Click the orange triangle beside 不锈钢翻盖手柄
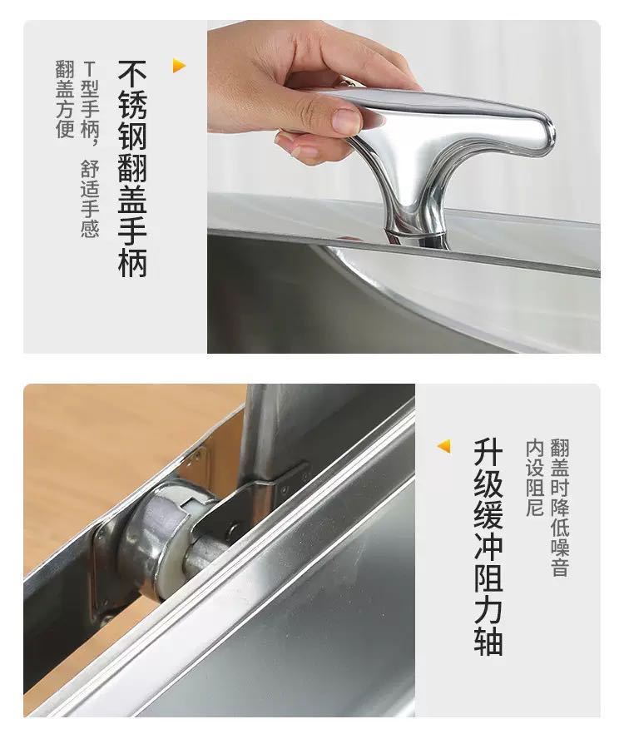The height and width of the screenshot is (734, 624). click(x=179, y=66)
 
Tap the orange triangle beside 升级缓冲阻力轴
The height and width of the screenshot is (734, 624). click(x=444, y=446)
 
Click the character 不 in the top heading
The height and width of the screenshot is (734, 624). click(x=132, y=74)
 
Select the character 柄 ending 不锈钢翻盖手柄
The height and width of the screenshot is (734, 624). click(x=132, y=263)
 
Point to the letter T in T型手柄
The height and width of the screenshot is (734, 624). click(x=89, y=70)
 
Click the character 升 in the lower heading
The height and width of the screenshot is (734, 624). click(x=488, y=452)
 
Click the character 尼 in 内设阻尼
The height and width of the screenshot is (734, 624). click(x=535, y=507)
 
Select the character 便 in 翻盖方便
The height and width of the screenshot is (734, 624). click(x=65, y=128)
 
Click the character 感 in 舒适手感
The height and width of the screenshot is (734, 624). click(x=89, y=228)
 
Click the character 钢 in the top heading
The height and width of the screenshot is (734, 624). click(x=132, y=137)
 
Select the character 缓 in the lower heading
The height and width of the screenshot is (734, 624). click(x=488, y=515)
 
